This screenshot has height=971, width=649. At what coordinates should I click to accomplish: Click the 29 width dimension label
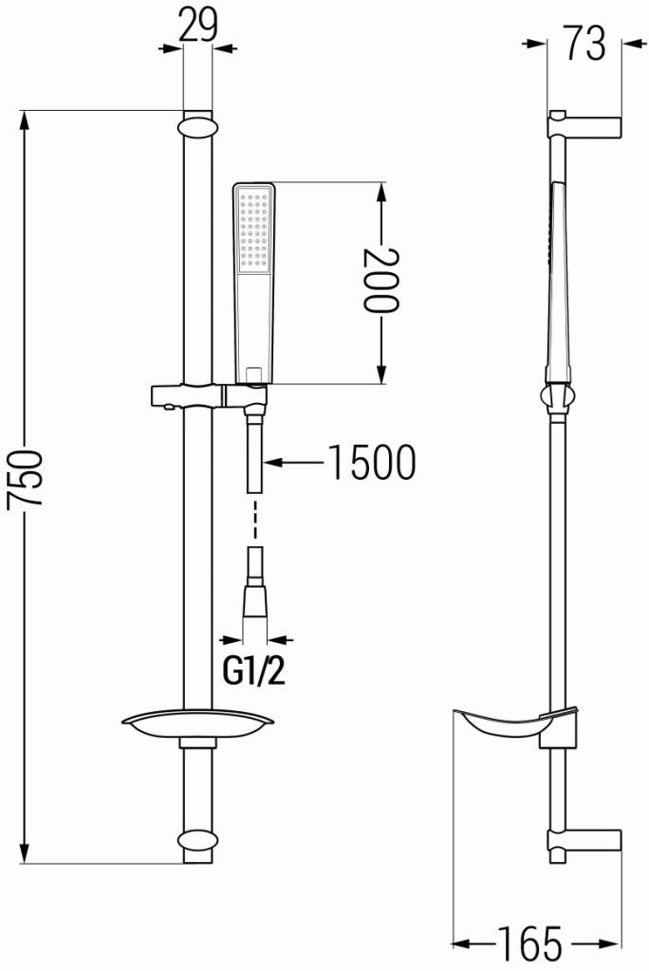click(x=197, y=27)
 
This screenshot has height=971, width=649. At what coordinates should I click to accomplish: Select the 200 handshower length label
click(x=380, y=281)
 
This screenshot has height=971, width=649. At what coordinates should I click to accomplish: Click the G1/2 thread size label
click(x=253, y=671)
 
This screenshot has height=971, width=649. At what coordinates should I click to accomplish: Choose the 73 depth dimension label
click(x=584, y=43)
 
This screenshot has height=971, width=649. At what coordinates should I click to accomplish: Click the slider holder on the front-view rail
click(x=190, y=394)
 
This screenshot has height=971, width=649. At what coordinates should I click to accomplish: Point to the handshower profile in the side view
click(x=557, y=284)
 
